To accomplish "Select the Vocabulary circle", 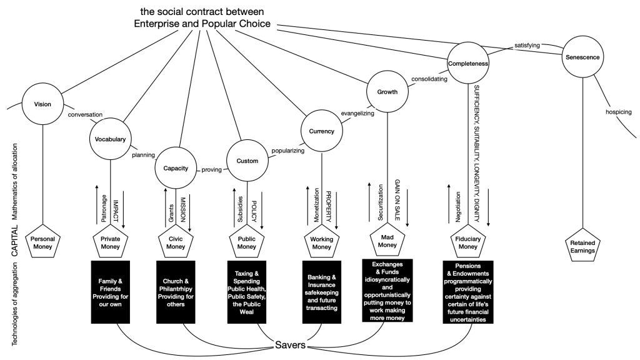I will [111, 139].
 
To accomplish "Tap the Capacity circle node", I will [176, 167].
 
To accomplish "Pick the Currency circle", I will [321, 131].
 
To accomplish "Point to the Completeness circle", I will [467, 63].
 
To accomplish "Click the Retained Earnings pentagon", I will [582, 246].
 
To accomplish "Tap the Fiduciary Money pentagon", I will [467, 242].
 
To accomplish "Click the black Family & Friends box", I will [110, 291].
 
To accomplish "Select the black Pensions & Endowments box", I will [467, 291].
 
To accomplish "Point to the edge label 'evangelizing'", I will [357, 114].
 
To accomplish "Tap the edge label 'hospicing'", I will [619, 112].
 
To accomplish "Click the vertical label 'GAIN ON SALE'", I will [397, 197].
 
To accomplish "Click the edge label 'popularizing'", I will [288, 151].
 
